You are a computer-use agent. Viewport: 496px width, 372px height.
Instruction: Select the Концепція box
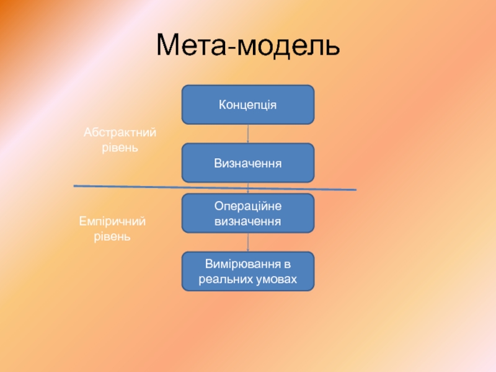click(247, 105)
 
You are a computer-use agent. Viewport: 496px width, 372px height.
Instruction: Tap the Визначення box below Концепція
click(247, 163)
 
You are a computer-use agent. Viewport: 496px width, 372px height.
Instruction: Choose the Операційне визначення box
click(247, 213)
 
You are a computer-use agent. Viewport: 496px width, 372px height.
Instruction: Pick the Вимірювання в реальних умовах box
click(247, 272)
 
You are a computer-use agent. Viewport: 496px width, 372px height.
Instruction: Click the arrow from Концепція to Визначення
click(248, 134)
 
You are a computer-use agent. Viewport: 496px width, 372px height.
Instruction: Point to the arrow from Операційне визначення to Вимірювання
click(248, 242)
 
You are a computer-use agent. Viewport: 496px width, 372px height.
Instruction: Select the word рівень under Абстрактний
click(120, 148)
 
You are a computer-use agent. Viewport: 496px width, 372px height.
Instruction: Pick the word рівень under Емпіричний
click(112, 237)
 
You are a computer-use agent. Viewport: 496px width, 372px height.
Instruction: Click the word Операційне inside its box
click(248, 205)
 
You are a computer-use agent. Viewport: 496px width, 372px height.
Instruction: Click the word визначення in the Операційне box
click(248, 221)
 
